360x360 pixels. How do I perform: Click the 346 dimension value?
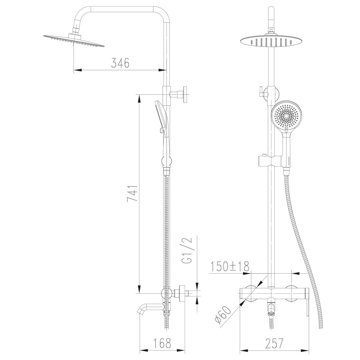point(120,64)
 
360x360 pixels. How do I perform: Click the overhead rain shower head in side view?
point(74,40)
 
